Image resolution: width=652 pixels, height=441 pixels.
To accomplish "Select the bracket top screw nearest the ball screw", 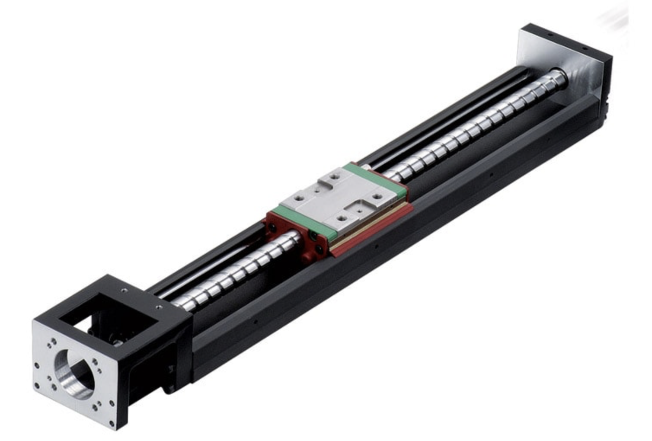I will click(159, 307).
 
